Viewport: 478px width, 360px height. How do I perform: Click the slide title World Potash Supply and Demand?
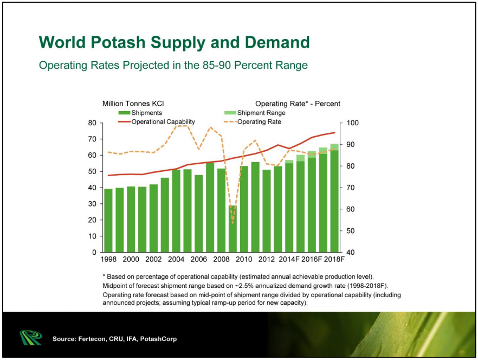pos(174,42)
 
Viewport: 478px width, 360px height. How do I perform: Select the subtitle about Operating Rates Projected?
pos(173,66)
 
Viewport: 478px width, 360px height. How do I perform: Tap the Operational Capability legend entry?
pos(163,122)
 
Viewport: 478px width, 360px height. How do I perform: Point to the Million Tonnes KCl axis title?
pos(133,104)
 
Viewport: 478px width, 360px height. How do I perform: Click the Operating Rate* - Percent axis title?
pos(298,104)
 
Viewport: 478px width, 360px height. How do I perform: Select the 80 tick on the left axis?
pos(93,123)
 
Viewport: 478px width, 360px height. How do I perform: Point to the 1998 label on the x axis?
pos(108,259)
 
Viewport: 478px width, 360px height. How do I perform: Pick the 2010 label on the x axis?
pos(244,259)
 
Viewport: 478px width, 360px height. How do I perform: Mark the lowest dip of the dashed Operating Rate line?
pos(232,223)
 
